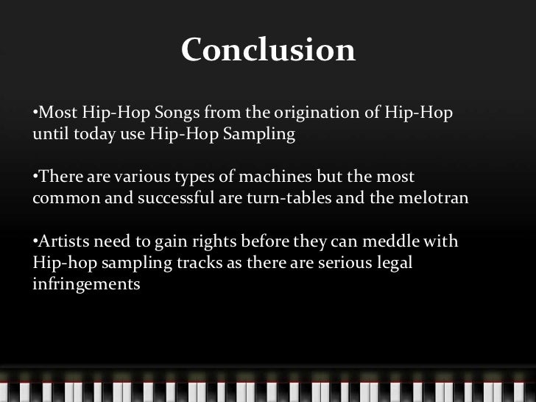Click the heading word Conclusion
click(268, 51)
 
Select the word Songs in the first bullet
click(177, 115)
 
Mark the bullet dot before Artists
click(35, 242)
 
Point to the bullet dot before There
click(35, 179)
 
